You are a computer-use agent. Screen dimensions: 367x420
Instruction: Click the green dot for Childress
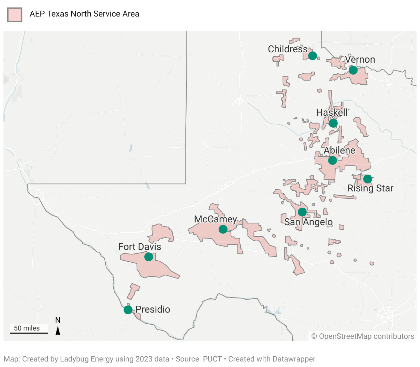coord(312,55)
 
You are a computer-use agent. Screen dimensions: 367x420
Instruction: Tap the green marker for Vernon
coord(353,70)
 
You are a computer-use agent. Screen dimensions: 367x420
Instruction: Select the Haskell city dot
coord(333,123)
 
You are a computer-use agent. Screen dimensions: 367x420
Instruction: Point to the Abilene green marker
coord(332,160)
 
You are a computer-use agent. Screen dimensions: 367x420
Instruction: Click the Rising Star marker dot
coord(368,179)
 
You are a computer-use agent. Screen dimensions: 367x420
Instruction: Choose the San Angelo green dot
coord(302,212)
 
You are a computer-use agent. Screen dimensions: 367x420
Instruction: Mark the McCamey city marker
coord(223,229)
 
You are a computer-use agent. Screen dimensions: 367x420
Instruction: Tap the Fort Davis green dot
coord(148,256)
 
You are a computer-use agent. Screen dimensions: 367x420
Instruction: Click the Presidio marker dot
coord(128,310)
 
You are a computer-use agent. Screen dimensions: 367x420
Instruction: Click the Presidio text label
coord(153,309)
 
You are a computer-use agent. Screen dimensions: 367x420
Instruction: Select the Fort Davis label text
coord(140,247)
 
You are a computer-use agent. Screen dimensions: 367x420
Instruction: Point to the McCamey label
coord(216,219)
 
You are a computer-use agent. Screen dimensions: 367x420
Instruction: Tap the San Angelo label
coord(308,222)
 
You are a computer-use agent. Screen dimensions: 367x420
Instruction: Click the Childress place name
coord(288,49)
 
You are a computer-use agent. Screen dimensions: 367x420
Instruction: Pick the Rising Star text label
coord(370,188)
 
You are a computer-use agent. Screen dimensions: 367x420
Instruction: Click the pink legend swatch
coord(15,15)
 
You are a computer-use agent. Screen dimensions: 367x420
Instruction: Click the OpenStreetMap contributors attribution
coord(363,336)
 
